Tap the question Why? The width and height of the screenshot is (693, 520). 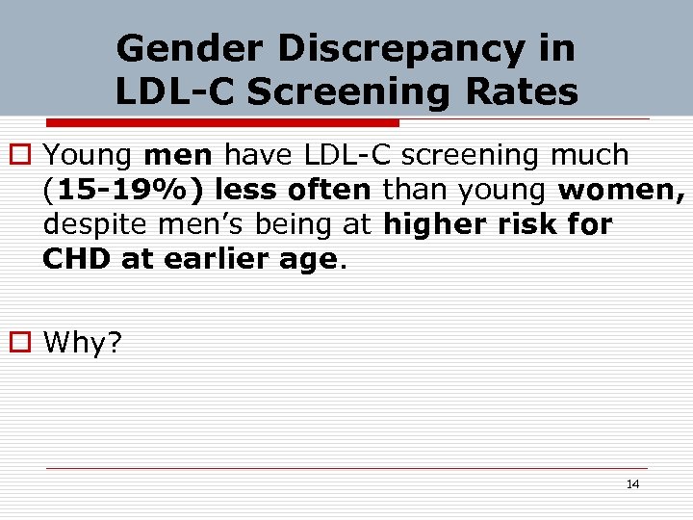click(84, 342)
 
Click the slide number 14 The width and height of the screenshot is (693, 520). click(632, 484)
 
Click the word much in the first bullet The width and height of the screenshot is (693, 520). click(590, 155)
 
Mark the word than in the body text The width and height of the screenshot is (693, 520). click(419, 191)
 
